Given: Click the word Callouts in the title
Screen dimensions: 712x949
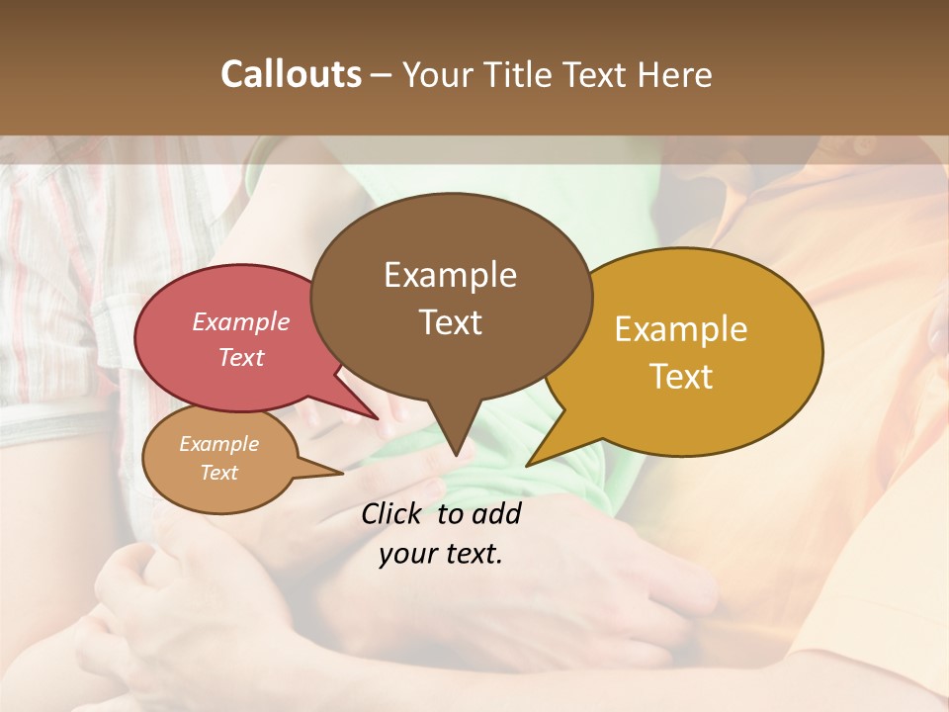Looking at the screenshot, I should pos(291,74).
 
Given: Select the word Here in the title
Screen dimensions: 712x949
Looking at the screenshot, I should pos(674,74).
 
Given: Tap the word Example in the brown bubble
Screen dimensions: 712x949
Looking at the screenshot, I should pos(450,275).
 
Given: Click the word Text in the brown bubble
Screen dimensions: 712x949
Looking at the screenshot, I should pos(450,322).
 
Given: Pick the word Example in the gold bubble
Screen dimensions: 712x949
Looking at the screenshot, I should pos(681,329).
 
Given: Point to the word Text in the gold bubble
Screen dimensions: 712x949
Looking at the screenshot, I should pos(681,377).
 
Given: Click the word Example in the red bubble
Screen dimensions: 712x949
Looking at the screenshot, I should pos(240,321).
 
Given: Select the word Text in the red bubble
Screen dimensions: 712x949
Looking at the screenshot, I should pos(240,357).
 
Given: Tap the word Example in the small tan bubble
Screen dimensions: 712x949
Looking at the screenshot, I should pos(218,444).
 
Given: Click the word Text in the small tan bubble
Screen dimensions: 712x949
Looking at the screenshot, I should pos(218,473).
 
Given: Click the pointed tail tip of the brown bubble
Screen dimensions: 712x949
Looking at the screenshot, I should pos(456,456).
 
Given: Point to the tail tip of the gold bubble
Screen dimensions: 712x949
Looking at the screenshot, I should pos(527,465).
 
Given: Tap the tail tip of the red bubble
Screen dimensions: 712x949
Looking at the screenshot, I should pos(378,418).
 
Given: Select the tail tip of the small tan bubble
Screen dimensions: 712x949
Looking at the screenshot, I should pos(342,474).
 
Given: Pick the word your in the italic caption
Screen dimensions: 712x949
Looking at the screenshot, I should pos(407,554).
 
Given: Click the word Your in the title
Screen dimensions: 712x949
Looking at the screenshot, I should pos(433,74).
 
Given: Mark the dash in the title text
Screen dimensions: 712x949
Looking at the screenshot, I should pos(383,74).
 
